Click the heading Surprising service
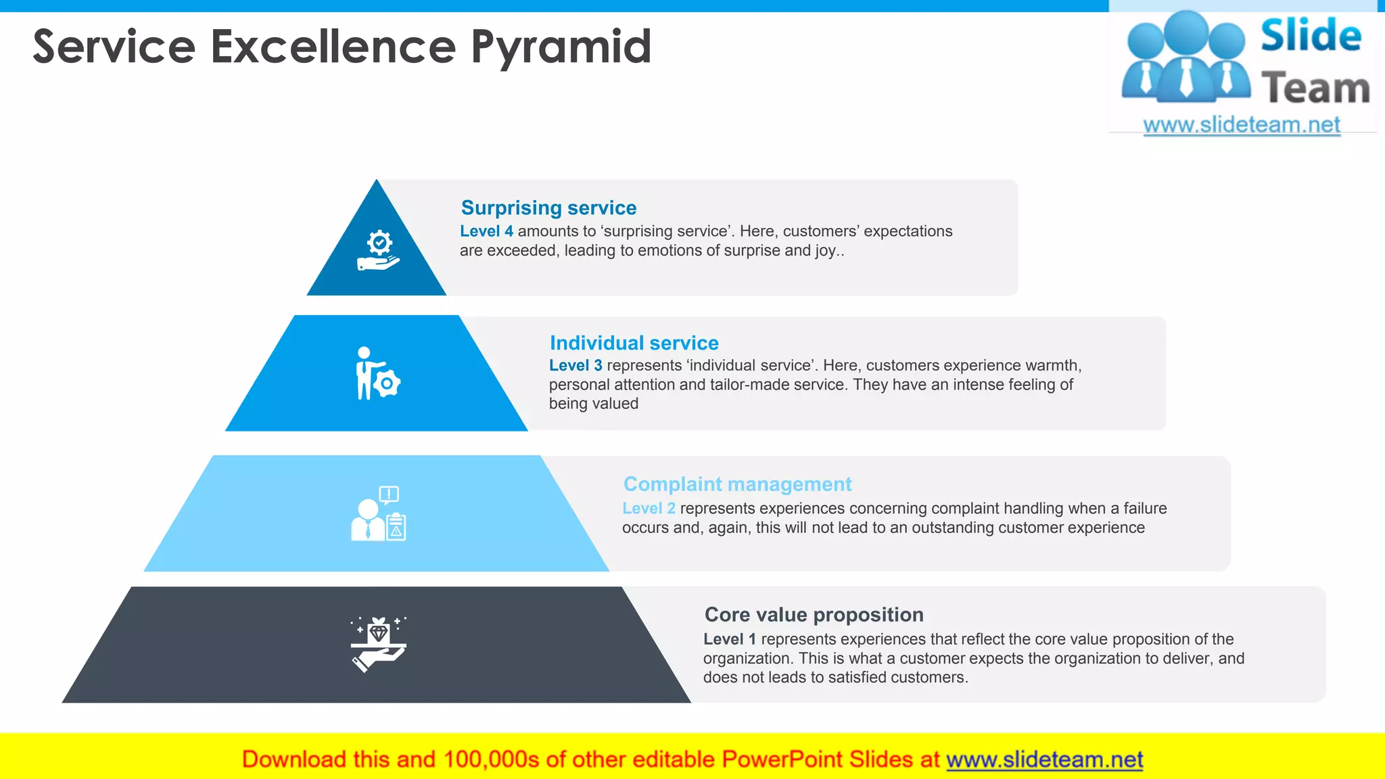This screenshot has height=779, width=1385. pos(548,208)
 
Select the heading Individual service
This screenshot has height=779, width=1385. pos(634,343)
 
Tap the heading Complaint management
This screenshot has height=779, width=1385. pos(737,484)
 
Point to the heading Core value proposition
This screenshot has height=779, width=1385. pos(814,615)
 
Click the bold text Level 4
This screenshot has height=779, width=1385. pos(486,231)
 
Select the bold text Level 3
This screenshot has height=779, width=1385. pos(575,366)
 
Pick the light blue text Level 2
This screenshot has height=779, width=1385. pos(648,509)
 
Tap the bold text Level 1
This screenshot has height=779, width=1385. pos(729,639)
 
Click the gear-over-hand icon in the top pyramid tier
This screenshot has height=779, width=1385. pos(378,251)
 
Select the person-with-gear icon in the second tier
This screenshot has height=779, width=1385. pos(377,373)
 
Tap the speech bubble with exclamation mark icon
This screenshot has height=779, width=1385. pos(389,495)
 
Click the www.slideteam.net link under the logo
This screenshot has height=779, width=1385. pos(1241,125)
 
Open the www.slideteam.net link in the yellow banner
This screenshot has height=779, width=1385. pos(1044,759)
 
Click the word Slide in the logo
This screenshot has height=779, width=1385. pos(1310,36)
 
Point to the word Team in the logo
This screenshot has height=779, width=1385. pos(1315,89)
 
